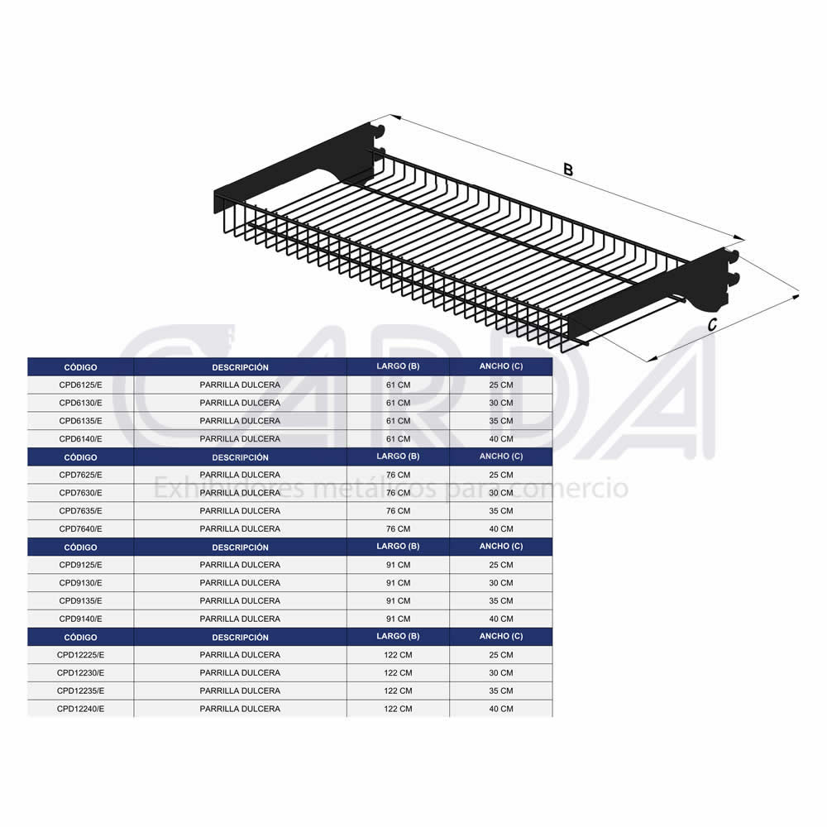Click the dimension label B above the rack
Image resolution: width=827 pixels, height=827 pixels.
pos(567,170)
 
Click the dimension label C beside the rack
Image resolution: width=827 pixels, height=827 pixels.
pos(712,325)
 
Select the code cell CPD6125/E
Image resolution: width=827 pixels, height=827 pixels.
pos(81,385)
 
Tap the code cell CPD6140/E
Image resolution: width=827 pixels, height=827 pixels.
pos(81,439)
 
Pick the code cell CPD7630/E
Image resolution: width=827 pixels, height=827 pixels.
pos(81,493)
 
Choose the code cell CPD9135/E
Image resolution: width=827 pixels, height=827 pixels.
pos(81,600)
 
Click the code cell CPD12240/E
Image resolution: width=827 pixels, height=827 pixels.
pos(81,709)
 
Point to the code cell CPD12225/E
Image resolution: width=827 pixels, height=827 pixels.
pos(81,655)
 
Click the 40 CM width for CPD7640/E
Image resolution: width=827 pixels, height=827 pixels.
pos(501,529)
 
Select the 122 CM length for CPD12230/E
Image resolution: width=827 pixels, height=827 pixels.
pos(399,673)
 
